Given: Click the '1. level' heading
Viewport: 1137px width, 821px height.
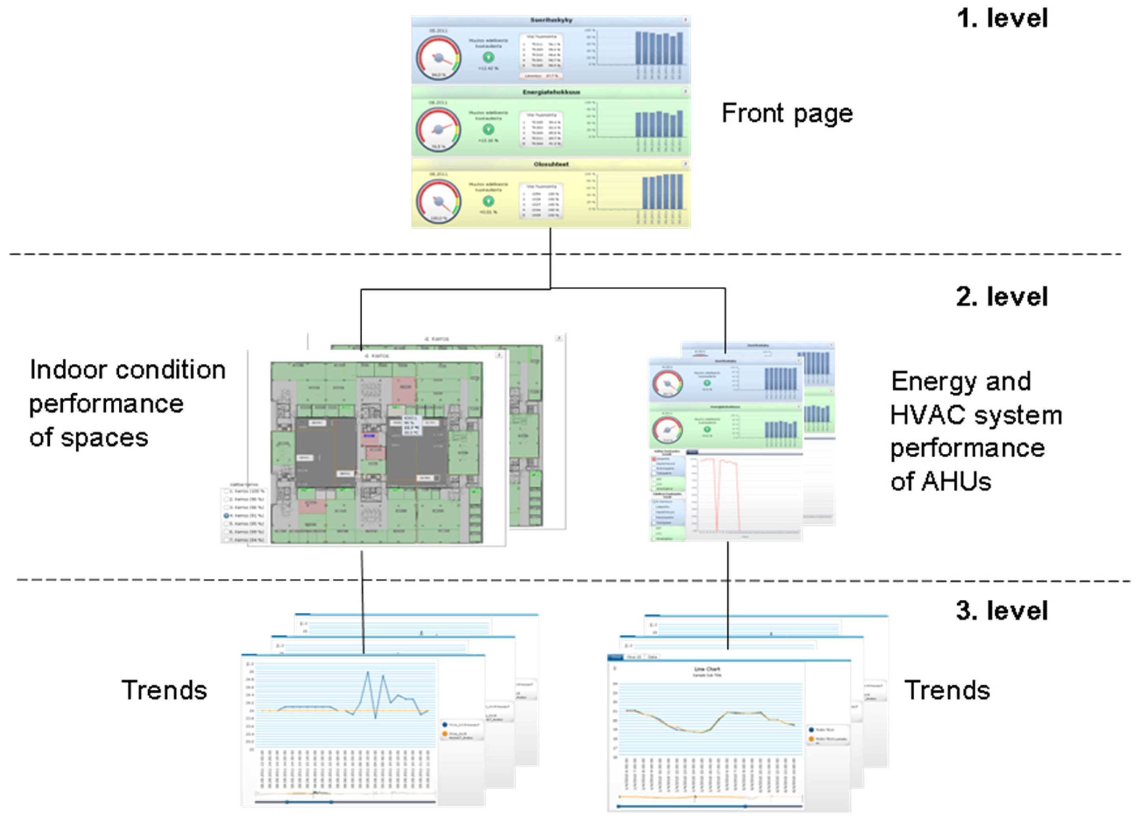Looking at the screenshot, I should [x=1002, y=19].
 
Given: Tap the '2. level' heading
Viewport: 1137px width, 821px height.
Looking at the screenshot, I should [x=1002, y=297].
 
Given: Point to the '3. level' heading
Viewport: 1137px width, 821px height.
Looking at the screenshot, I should [x=1002, y=611].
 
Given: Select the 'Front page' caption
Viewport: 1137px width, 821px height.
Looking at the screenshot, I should [x=787, y=113].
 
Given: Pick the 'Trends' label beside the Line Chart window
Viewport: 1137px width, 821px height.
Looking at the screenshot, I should [x=947, y=690].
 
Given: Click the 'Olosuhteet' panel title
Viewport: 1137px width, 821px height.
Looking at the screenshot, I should [x=551, y=164].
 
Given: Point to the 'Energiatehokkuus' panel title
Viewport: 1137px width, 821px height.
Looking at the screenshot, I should [x=551, y=92].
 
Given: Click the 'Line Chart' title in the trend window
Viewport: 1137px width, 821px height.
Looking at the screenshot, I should [x=707, y=669].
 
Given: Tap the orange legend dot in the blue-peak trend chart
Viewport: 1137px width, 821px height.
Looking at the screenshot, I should [x=445, y=734].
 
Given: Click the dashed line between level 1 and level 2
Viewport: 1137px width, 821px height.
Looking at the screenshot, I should [x=301, y=254].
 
